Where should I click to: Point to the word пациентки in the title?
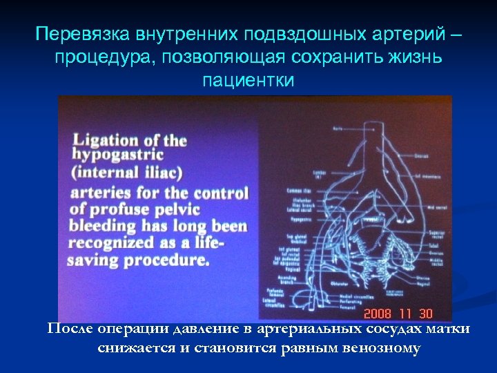click(x=248, y=81)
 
